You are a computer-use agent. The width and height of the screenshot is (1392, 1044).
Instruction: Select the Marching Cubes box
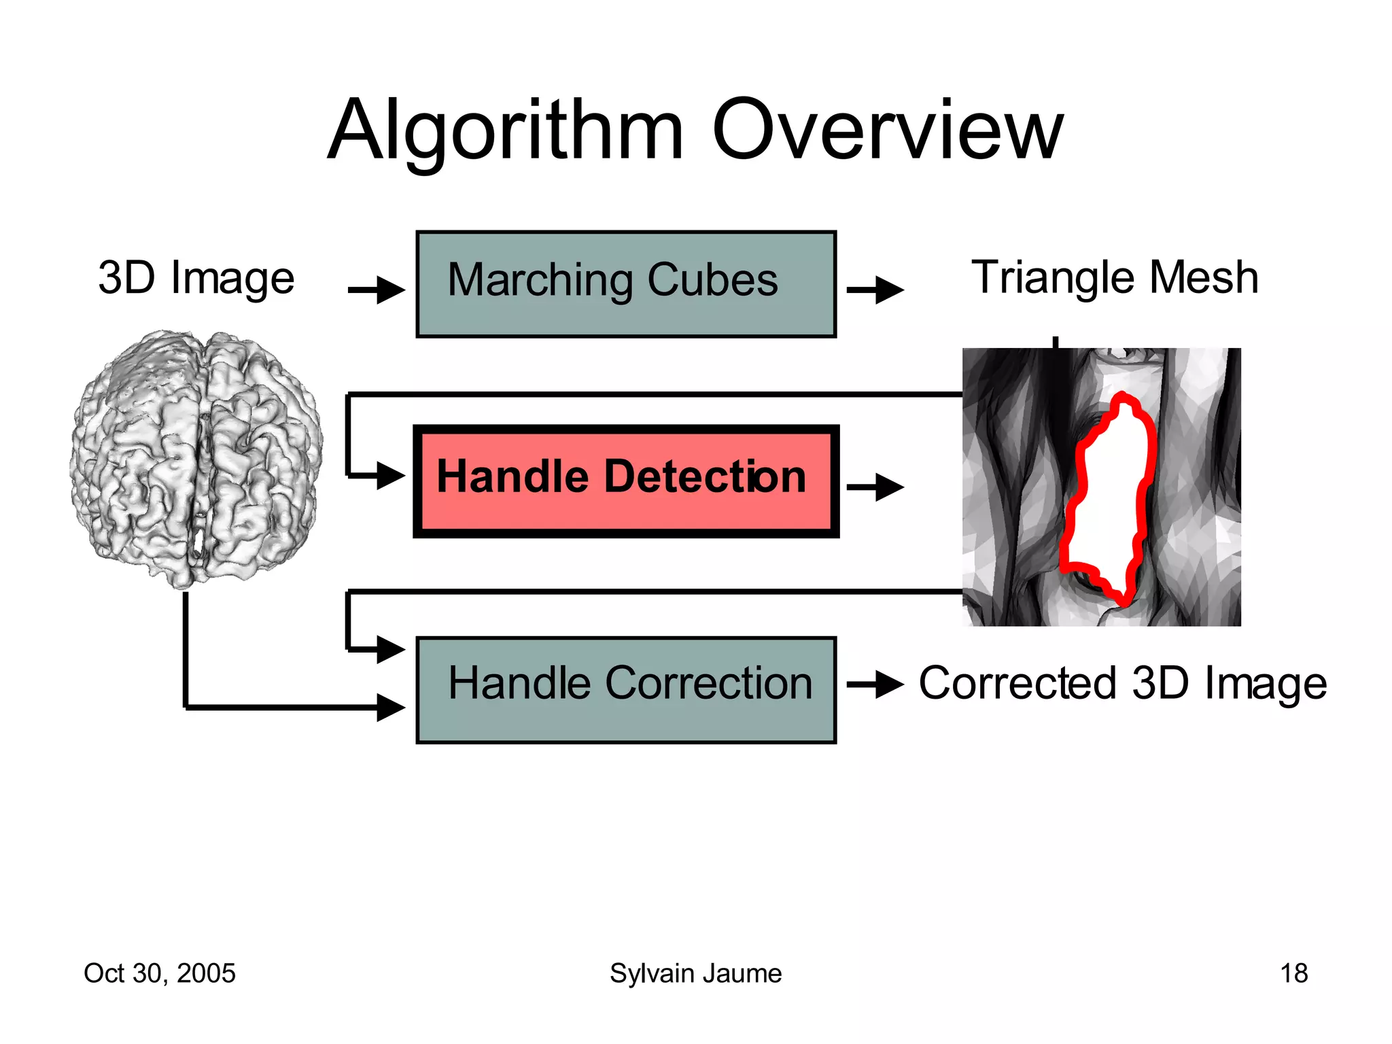click(x=625, y=284)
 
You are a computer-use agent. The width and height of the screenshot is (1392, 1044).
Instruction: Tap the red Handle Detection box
click(x=625, y=481)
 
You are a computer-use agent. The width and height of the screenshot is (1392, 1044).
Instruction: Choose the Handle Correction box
click(x=625, y=689)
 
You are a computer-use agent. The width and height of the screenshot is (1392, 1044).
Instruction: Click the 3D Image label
click(x=196, y=279)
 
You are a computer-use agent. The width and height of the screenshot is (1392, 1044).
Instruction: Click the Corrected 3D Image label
click(x=1122, y=683)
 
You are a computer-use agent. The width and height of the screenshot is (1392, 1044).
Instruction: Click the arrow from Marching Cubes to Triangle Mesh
click(x=875, y=290)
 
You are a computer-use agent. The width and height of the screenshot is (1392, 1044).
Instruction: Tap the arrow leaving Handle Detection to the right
click(x=875, y=487)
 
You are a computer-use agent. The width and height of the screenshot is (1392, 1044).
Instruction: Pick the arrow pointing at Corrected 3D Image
click(x=875, y=684)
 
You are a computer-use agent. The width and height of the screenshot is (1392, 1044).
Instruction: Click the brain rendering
click(x=196, y=459)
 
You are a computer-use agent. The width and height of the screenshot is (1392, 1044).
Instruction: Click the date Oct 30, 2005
click(x=159, y=973)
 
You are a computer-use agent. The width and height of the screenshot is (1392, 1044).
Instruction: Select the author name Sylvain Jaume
click(x=695, y=973)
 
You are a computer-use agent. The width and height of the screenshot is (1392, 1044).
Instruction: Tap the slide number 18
click(x=1293, y=973)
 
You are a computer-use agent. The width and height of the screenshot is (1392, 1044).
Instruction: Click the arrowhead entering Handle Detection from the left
click(x=390, y=475)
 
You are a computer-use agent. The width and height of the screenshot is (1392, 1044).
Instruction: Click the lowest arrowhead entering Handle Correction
click(x=390, y=708)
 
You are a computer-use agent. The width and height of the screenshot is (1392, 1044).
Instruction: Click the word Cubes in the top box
click(x=712, y=280)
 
